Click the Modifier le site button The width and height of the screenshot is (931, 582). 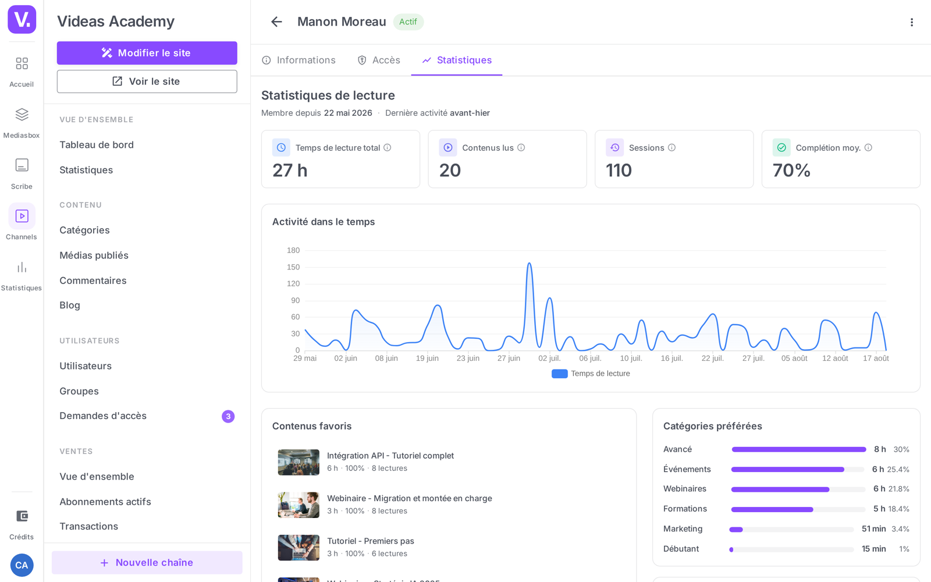point(147,53)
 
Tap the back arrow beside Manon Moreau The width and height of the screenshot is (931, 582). point(276,22)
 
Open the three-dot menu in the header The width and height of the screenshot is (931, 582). point(911,22)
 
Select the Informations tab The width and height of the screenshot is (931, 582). point(299,61)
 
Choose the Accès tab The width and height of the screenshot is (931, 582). point(379,61)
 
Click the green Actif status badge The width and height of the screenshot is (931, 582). point(408,22)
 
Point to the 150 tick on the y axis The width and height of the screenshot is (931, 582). point(293,267)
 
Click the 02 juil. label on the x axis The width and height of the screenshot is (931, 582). point(549,359)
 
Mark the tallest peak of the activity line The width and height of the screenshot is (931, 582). point(529,263)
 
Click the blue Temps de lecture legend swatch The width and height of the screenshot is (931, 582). point(559,374)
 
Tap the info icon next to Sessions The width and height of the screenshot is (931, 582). point(671,148)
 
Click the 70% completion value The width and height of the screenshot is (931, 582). point(791,171)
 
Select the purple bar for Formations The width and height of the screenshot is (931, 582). point(772,509)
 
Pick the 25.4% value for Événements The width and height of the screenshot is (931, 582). point(898,469)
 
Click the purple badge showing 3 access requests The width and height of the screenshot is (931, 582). point(228,416)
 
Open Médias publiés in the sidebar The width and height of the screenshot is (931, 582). point(94,255)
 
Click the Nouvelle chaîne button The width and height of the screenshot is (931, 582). point(147,562)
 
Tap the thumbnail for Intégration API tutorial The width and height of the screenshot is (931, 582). point(299,462)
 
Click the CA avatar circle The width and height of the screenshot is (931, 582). point(22,565)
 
